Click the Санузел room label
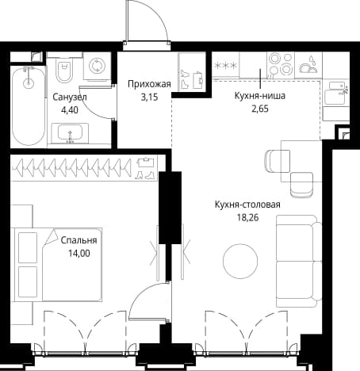70,98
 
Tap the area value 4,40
70,109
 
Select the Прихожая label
149,84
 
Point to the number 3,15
149,98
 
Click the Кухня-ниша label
260,96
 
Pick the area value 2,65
260,109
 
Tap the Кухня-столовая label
247,205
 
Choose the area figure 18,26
247,217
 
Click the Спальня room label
79,240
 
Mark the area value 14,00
79,254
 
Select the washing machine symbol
97,67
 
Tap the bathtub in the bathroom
29,105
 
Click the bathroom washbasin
70,133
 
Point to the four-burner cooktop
281,65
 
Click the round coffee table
240,261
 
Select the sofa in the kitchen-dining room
299,261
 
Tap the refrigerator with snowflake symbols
225,65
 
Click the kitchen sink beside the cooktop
308,65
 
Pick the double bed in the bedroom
57,264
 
